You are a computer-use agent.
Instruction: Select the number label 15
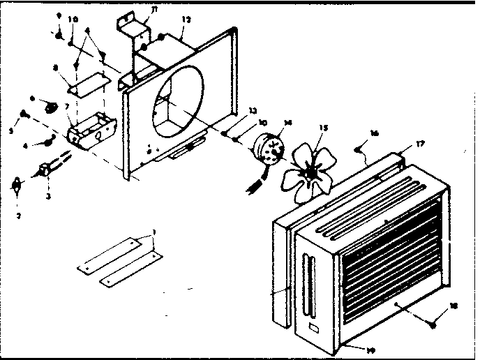pos(322,128)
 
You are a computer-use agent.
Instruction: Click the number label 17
pos(420,144)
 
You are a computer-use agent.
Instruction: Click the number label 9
pos(59,15)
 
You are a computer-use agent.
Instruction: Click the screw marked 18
pos(435,324)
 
